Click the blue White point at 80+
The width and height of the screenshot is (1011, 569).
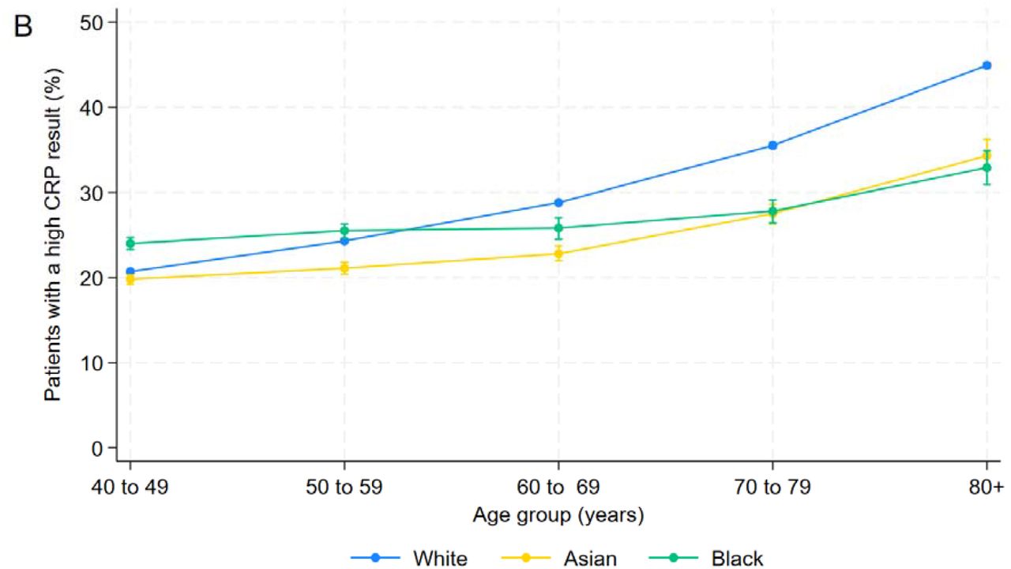987,66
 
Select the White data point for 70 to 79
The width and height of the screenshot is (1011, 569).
772,145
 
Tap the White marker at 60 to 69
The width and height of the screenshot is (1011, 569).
558,203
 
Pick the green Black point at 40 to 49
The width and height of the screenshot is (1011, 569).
130,244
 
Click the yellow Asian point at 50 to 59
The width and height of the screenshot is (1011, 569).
344,268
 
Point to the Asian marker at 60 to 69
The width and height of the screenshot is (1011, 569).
558,254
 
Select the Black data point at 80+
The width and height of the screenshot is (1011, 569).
987,168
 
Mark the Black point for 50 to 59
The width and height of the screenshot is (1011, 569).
344,231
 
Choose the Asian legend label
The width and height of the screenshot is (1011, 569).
590,559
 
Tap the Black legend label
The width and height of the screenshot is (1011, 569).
737,559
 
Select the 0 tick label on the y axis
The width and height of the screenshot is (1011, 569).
97,448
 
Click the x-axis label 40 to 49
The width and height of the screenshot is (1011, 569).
130,488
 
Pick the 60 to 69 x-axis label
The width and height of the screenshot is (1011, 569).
558,488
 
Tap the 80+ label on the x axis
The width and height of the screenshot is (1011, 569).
986,488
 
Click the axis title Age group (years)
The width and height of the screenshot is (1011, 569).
558,515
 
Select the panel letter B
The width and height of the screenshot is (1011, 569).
23,26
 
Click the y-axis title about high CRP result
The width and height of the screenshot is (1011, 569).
52,235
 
